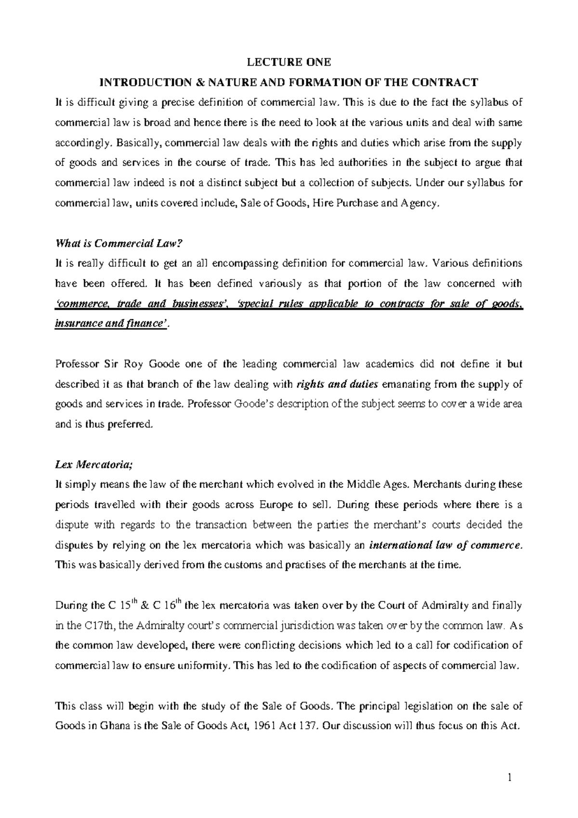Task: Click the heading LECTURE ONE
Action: point(289,62)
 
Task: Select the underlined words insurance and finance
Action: point(112,325)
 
